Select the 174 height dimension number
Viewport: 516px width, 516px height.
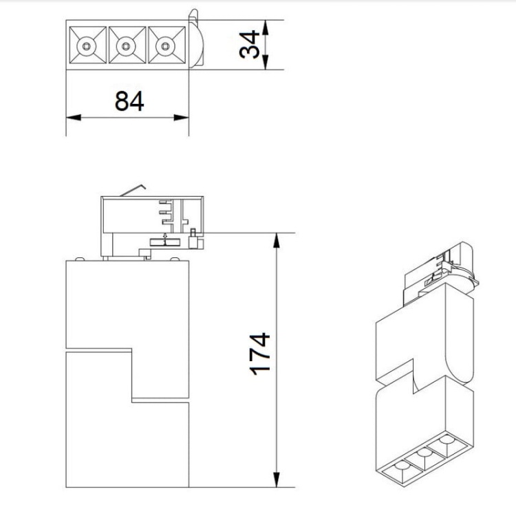pyautogui.click(x=259, y=354)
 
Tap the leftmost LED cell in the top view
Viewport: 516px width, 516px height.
pyautogui.click(x=86, y=46)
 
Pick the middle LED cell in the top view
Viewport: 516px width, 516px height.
pyautogui.click(x=125, y=46)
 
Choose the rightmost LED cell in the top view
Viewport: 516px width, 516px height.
pyautogui.click(x=165, y=46)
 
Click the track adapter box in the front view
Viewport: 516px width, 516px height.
pyautogui.click(x=151, y=224)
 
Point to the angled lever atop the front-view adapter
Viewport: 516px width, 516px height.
pyautogui.click(x=134, y=189)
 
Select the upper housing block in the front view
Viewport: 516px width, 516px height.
pyautogui.click(x=127, y=303)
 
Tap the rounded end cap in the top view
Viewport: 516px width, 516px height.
pyautogui.click(x=195, y=43)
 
